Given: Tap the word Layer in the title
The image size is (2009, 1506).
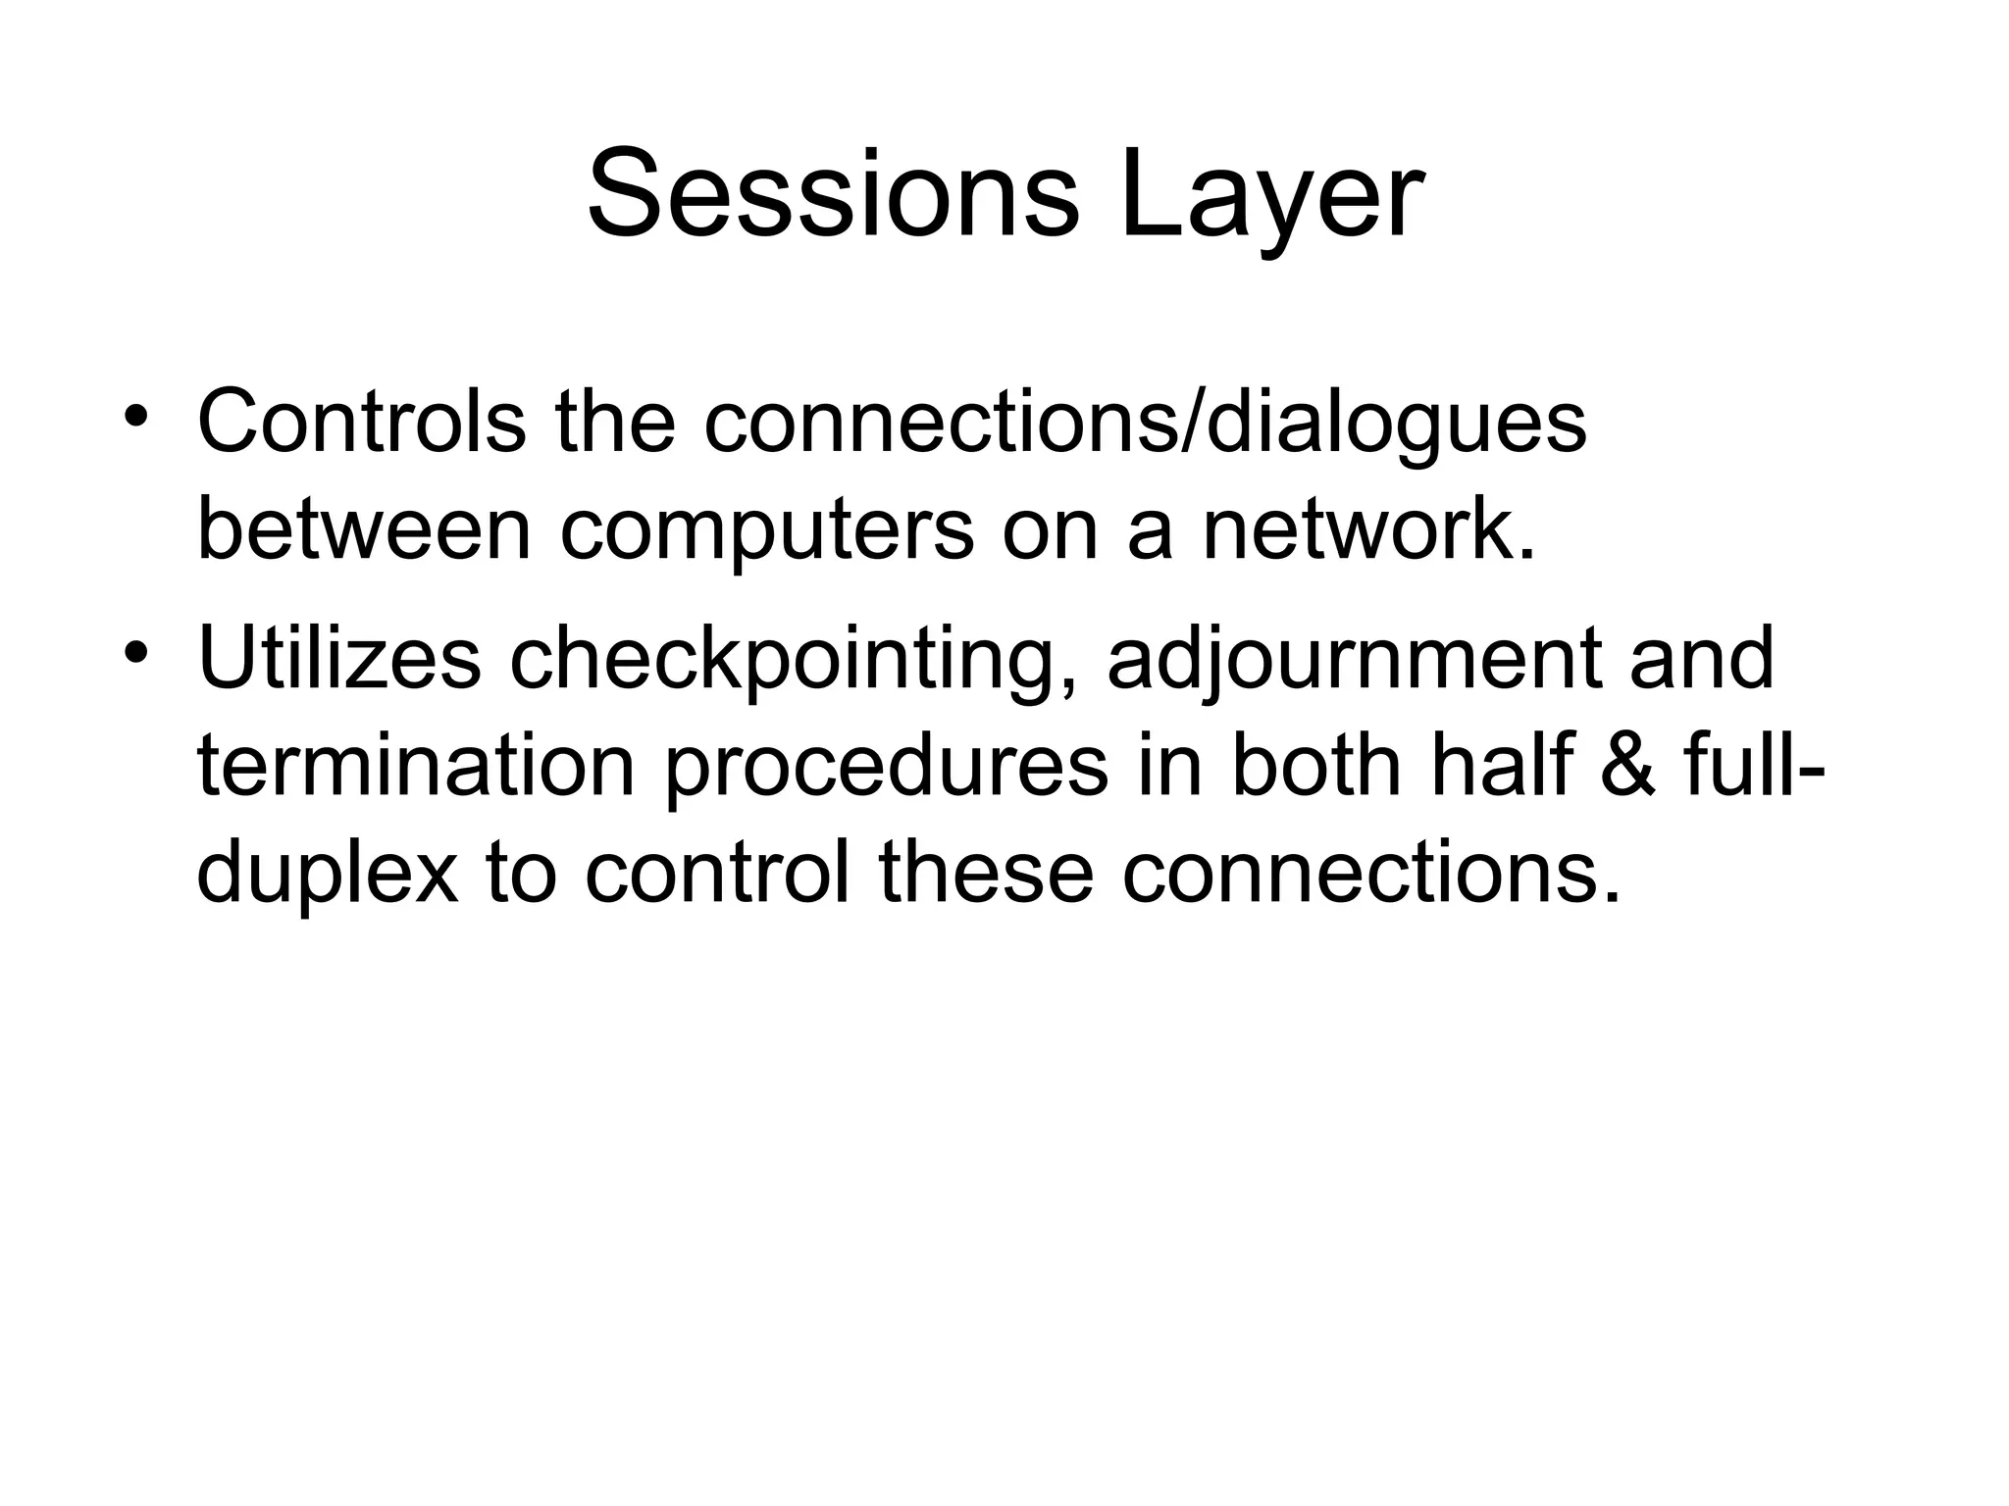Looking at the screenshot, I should [x=1272, y=193].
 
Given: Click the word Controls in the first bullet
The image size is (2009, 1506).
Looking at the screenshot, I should [x=361, y=423].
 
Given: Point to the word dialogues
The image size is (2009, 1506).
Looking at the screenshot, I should [x=1393, y=423].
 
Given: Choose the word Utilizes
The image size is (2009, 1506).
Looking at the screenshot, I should [x=339, y=659].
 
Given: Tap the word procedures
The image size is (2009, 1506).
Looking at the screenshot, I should [x=887, y=766].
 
